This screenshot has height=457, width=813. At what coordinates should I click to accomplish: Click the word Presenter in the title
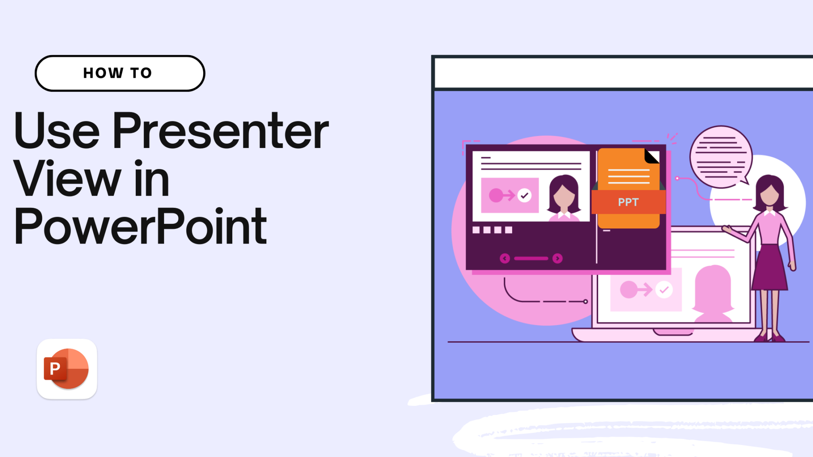click(x=221, y=131)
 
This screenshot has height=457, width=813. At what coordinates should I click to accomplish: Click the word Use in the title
click(x=57, y=131)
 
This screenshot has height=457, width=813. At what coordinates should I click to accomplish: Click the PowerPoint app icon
click(x=67, y=369)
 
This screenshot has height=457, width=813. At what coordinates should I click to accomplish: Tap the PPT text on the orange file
click(x=628, y=202)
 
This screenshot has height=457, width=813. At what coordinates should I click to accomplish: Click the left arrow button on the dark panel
click(x=505, y=259)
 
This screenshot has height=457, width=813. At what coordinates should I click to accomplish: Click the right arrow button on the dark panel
click(x=557, y=259)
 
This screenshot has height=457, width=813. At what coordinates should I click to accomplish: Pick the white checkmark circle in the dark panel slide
click(x=524, y=195)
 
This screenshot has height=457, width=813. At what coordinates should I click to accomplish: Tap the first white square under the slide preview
click(x=476, y=230)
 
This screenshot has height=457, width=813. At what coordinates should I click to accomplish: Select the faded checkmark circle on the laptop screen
click(x=664, y=290)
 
